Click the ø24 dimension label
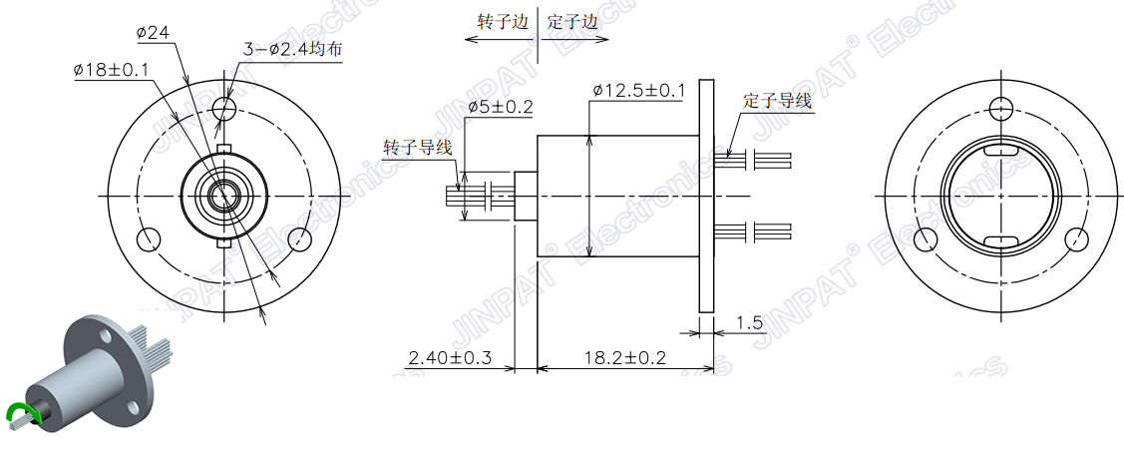152,32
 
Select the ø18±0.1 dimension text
111,70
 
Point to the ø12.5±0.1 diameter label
638,91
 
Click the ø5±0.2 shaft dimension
501,107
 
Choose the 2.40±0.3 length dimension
450,357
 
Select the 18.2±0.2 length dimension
624,357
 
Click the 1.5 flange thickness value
749,322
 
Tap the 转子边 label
504,22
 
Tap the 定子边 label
572,22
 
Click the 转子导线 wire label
418,148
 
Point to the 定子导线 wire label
777,101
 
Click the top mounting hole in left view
224,109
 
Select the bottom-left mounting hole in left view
149,239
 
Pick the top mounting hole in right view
1000,109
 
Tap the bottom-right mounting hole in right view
1076,239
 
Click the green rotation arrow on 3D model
22,414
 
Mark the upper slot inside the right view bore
1000,152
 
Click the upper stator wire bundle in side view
753,160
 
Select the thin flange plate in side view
706,196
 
